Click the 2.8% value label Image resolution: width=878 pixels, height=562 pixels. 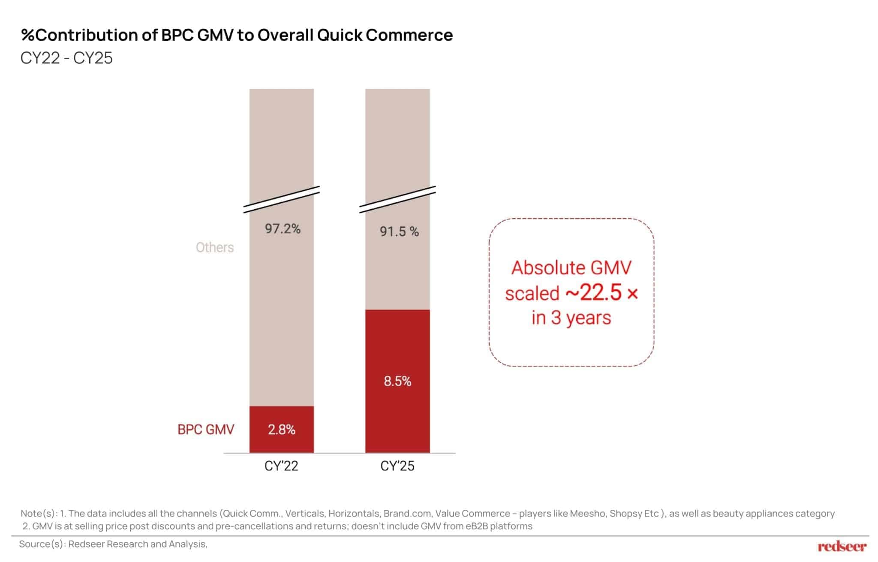(x=282, y=430)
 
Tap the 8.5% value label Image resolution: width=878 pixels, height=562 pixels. (x=397, y=381)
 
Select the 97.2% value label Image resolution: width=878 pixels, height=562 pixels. (x=283, y=229)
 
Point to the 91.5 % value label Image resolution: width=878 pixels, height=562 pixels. (x=399, y=231)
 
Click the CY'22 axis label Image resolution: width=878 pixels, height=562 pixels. (x=281, y=466)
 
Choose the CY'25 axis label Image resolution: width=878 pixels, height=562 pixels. (x=397, y=466)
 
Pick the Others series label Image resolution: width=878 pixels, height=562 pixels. (x=215, y=247)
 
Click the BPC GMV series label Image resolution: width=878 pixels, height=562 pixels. (x=206, y=430)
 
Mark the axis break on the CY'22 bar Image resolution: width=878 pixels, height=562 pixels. (x=282, y=199)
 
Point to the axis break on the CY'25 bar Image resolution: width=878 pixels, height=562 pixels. (x=397, y=199)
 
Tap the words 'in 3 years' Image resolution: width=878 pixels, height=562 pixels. (x=571, y=318)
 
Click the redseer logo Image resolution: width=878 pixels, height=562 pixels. (x=842, y=546)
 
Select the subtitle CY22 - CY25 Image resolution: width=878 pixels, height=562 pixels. (x=66, y=58)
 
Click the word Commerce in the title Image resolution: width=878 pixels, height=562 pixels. (x=409, y=35)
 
